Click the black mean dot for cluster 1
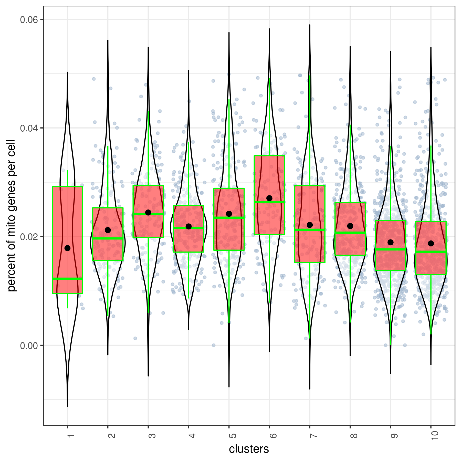coord(67,248)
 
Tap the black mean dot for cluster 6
coord(269,198)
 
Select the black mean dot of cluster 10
coord(431,243)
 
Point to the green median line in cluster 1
coord(67,278)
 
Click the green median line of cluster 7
coord(310,230)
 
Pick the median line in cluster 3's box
coord(148,214)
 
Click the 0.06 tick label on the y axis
coord(29,19)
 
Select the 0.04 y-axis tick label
coord(29,128)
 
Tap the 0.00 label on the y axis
coord(29,345)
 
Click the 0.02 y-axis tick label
coord(29,237)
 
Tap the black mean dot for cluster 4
coord(188,226)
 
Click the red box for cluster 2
coord(108,248)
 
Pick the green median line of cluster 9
coord(390,249)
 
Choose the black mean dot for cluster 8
coord(350,226)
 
